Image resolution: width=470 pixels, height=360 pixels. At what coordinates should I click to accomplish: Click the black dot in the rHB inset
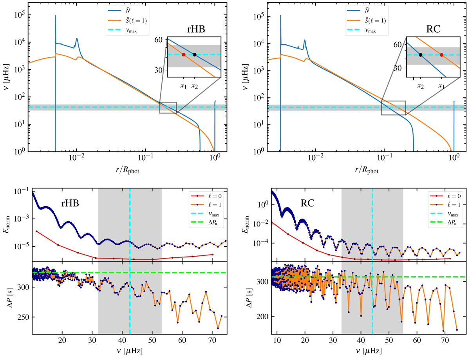195,54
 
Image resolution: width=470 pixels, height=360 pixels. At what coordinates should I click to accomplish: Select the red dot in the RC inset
441,55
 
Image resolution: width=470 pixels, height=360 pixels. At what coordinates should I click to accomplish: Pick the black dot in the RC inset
420,55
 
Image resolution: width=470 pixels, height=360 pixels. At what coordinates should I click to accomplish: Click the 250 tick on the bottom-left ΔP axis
23,317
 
